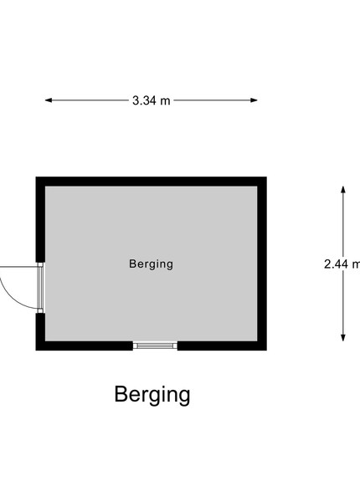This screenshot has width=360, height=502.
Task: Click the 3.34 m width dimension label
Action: pyautogui.click(x=152, y=100)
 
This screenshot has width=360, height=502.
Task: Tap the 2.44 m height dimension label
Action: pyautogui.click(x=342, y=264)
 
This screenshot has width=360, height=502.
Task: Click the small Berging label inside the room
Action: pyautogui.click(x=152, y=264)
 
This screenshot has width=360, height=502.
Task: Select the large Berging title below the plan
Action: pyautogui.click(x=152, y=395)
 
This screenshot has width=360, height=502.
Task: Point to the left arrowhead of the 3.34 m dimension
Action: pyautogui.click(x=49, y=100)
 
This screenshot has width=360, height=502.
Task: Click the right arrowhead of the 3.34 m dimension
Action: pyautogui.click(x=254, y=100)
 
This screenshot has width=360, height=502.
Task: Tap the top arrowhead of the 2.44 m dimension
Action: pyautogui.click(x=343, y=190)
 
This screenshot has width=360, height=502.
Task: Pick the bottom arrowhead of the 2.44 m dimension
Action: pyautogui.click(x=343, y=337)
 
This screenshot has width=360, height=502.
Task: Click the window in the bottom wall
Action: pyautogui.click(x=155, y=346)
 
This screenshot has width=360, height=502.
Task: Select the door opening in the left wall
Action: pyautogui.click(x=40, y=288)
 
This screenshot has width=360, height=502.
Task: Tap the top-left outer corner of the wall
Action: pyautogui.click(x=36, y=177)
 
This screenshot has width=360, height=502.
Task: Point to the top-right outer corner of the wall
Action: pyautogui.click(x=266, y=177)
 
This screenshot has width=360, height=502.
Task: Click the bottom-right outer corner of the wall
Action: pyautogui.click(x=266, y=351)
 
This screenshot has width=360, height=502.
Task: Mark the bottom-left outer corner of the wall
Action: pyautogui.click(x=36, y=351)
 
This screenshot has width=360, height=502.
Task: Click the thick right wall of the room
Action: pyautogui.click(x=262, y=264)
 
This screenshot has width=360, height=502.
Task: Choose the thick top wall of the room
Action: pyautogui.click(x=152, y=182)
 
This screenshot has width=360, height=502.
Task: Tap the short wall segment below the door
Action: pyautogui.click(x=40, y=327)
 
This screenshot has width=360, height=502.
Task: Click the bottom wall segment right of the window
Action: pyautogui.click(x=222, y=346)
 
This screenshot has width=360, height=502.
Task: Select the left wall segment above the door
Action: pyautogui.click(x=40, y=219)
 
